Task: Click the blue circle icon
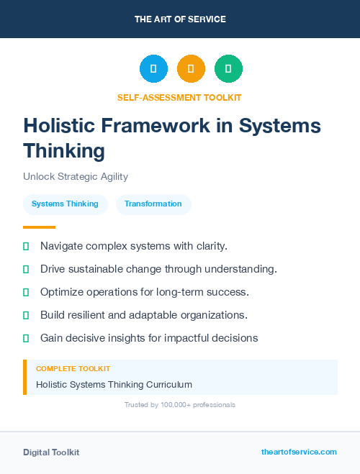pos(153,68)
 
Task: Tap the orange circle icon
pos(191,68)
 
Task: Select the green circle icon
pos(228,68)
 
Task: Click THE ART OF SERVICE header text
pos(180,19)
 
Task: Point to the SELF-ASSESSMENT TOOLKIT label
pos(179,97)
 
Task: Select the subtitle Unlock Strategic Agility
pos(76,176)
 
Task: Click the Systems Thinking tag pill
pos(65,204)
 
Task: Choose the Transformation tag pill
pos(153,204)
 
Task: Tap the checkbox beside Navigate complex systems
pos(26,247)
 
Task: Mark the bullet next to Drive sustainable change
pos(26,270)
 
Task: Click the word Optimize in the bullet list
pos(63,292)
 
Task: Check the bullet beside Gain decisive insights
pos(26,338)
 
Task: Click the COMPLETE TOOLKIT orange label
pos(73,368)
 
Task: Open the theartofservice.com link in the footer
pos(299,452)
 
